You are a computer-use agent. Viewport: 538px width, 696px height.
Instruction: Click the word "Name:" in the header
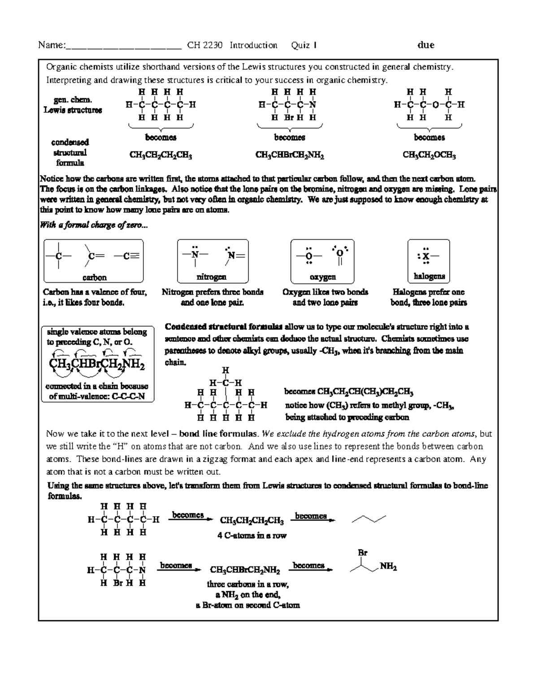(52, 45)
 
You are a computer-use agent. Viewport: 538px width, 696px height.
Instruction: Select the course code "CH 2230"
(205, 45)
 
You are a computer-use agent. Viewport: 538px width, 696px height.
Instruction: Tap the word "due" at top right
(425, 45)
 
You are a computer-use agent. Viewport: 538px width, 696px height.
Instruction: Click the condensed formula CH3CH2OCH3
(429, 156)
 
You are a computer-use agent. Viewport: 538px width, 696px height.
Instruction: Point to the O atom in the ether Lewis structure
(435, 105)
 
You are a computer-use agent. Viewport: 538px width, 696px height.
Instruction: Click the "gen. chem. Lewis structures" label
(73, 105)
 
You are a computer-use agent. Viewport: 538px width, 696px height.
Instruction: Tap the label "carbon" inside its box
(94, 277)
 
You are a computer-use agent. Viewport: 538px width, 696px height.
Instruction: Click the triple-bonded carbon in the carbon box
(127, 256)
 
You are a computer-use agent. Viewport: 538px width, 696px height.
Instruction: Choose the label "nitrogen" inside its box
(211, 277)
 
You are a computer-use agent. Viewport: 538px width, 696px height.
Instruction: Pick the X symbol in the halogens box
(426, 257)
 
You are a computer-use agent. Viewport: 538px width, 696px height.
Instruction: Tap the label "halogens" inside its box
(429, 277)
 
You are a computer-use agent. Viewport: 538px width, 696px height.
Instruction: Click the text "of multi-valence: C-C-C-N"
(97, 396)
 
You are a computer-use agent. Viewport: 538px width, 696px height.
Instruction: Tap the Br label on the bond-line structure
(362, 553)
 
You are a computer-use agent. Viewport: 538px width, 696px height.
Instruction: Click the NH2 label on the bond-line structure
(388, 567)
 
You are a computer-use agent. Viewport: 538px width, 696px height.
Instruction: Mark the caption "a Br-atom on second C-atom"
(248, 605)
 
